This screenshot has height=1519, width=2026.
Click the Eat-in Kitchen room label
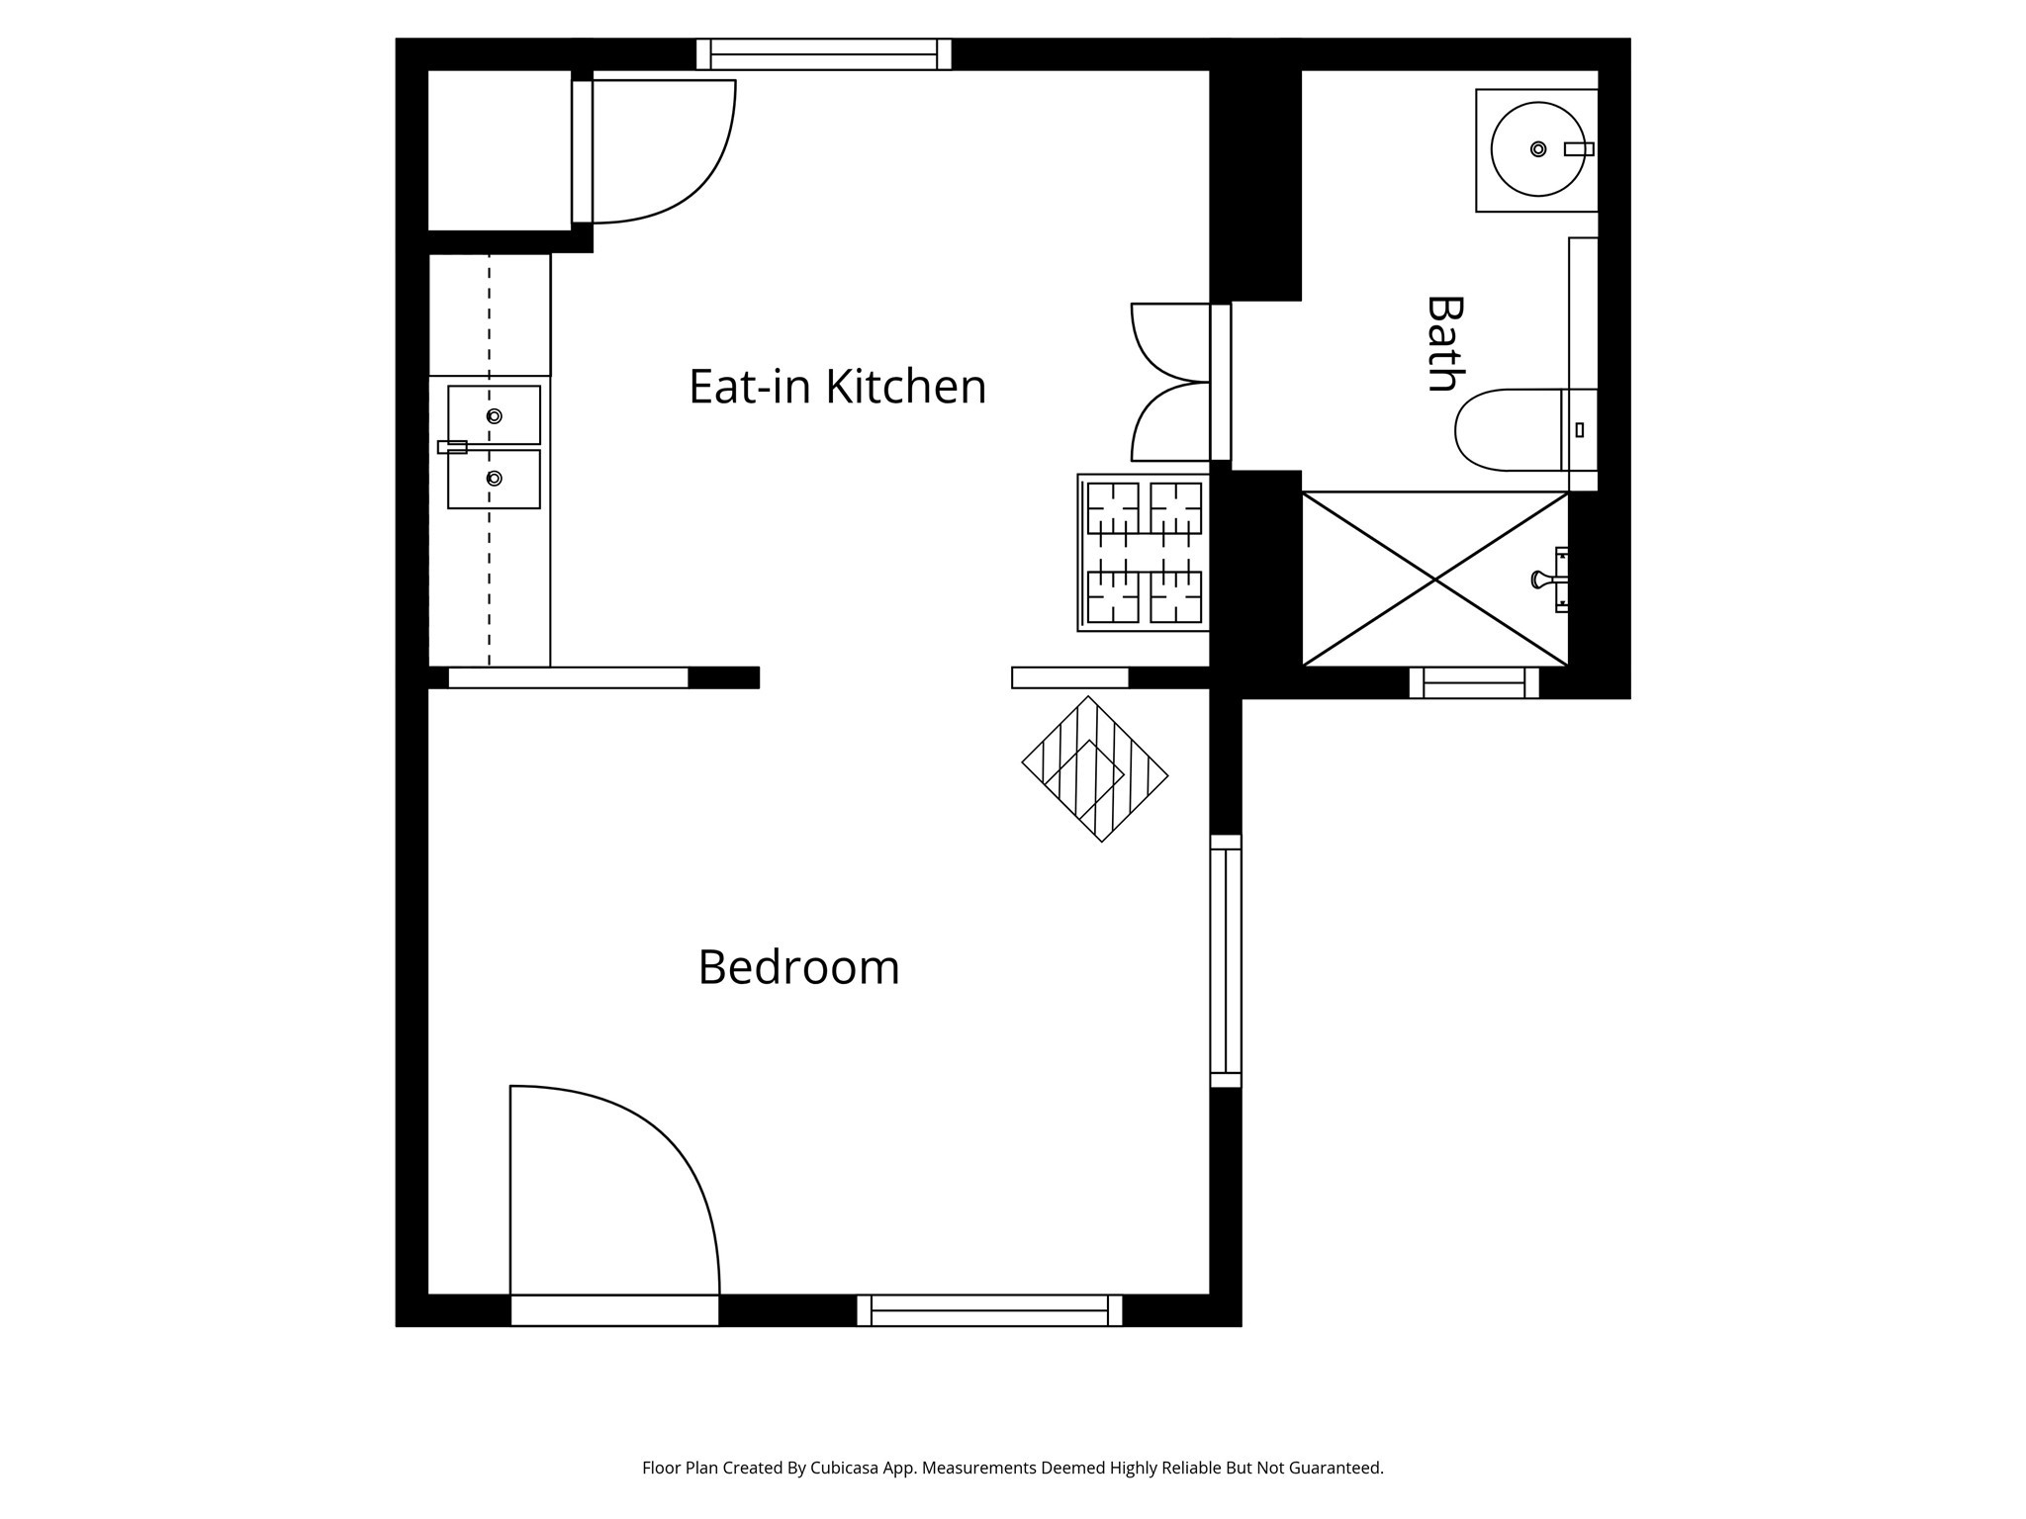[837, 386]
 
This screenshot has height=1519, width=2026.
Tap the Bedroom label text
[798, 967]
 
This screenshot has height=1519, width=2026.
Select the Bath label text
[1444, 343]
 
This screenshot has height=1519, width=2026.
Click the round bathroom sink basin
[1537, 149]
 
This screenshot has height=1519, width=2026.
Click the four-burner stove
[1144, 553]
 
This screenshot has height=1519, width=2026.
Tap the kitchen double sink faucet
[452, 447]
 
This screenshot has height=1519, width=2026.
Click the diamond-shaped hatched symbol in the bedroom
[1095, 769]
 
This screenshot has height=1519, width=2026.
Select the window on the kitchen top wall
[824, 54]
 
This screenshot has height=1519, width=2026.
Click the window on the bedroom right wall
[1226, 961]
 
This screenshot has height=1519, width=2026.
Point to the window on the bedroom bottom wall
[989, 1310]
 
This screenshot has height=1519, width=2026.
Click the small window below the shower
[1474, 682]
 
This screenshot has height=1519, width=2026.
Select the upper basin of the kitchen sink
[494, 415]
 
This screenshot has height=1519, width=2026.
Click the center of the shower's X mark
[1435, 580]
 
